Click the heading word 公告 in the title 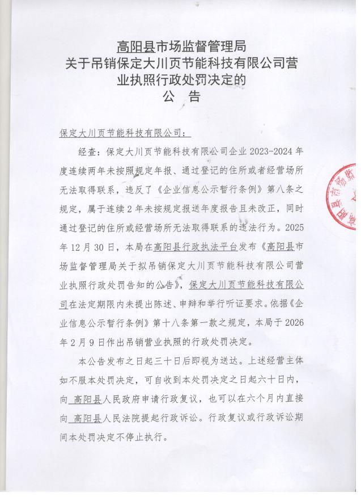pos(181,96)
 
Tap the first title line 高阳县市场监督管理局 pos(181,45)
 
